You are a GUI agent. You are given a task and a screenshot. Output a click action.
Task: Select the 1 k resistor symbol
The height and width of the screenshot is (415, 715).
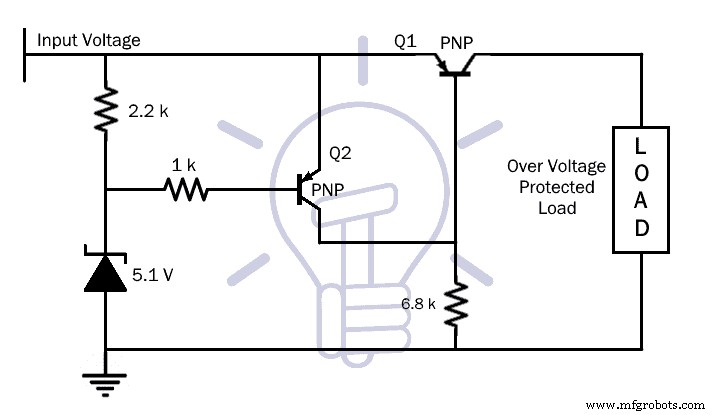[187, 188]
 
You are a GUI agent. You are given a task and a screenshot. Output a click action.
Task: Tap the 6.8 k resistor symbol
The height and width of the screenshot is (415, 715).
[455, 304]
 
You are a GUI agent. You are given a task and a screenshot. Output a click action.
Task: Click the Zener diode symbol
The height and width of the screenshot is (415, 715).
[105, 272]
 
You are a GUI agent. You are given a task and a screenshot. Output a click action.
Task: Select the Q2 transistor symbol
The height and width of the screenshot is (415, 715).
[305, 190]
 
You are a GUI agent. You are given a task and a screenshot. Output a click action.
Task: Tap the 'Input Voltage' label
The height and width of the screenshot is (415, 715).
[88, 41]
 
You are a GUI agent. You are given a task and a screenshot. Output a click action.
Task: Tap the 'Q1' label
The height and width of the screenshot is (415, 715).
[406, 42]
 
